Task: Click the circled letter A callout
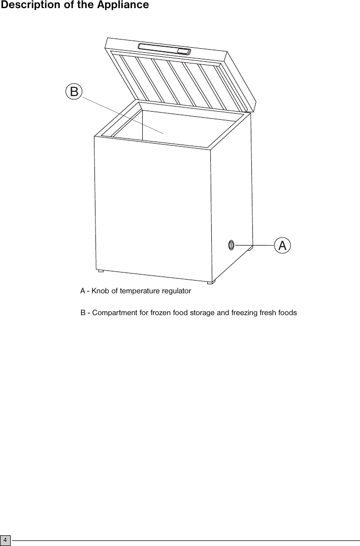(x=282, y=245)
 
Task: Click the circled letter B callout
(x=74, y=91)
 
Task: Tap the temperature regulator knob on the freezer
(x=231, y=245)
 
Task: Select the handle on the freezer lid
(x=164, y=49)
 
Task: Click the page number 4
(x=5, y=540)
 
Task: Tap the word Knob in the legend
(x=100, y=291)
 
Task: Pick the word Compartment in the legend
(x=114, y=313)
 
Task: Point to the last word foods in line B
(x=287, y=313)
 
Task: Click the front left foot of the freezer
(x=101, y=271)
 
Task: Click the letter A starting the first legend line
(x=83, y=291)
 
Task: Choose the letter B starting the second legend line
(x=83, y=313)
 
